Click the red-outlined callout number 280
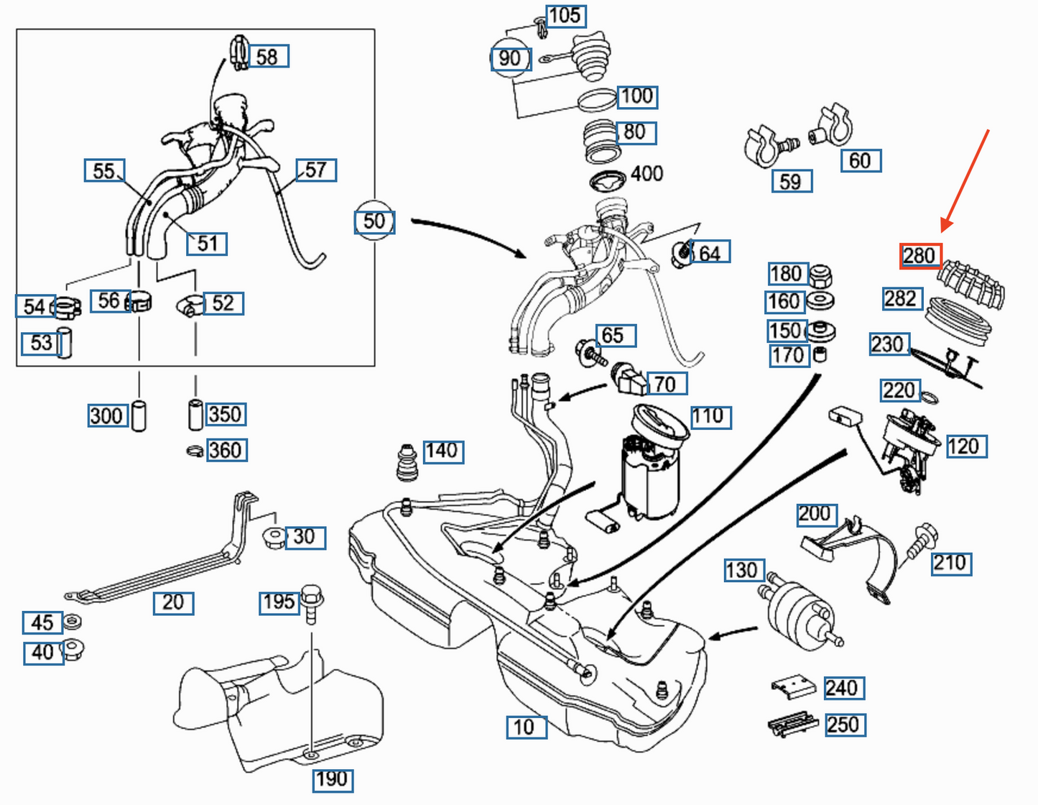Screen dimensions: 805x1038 pyautogui.click(x=919, y=256)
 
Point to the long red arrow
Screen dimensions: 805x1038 pyautogui.click(x=966, y=180)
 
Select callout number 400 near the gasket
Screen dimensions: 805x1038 pyautogui.click(x=647, y=174)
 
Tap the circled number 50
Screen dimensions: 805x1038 pyautogui.click(x=374, y=221)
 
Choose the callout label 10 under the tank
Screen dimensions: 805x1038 pyautogui.click(x=526, y=727)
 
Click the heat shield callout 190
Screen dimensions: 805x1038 pyautogui.click(x=332, y=779)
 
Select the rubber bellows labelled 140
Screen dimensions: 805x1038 pyautogui.click(x=407, y=464)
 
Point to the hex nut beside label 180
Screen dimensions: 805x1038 pyautogui.click(x=820, y=275)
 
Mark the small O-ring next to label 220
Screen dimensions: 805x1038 pyautogui.click(x=929, y=397)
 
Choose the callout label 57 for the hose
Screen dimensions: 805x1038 pyautogui.click(x=316, y=170)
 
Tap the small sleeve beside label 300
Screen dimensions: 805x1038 pyautogui.click(x=139, y=415)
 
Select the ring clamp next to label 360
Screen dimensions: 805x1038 pyautogui.click(x=195, y=451)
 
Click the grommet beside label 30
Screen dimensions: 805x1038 pyautogui.click(x=274, y=537)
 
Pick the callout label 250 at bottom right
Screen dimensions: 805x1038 pyautogui.click(x=843, y=724)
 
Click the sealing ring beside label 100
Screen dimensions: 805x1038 pyautogui.click(x=596, y=102)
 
